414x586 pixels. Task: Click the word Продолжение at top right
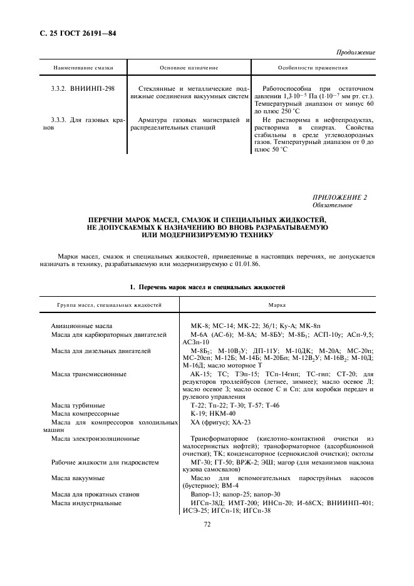(356, 53)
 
